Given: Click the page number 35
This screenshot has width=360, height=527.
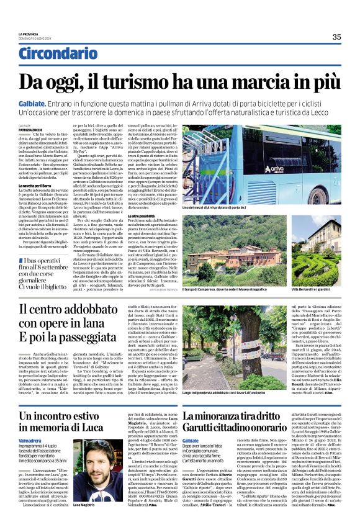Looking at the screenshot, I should (336, 37).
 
